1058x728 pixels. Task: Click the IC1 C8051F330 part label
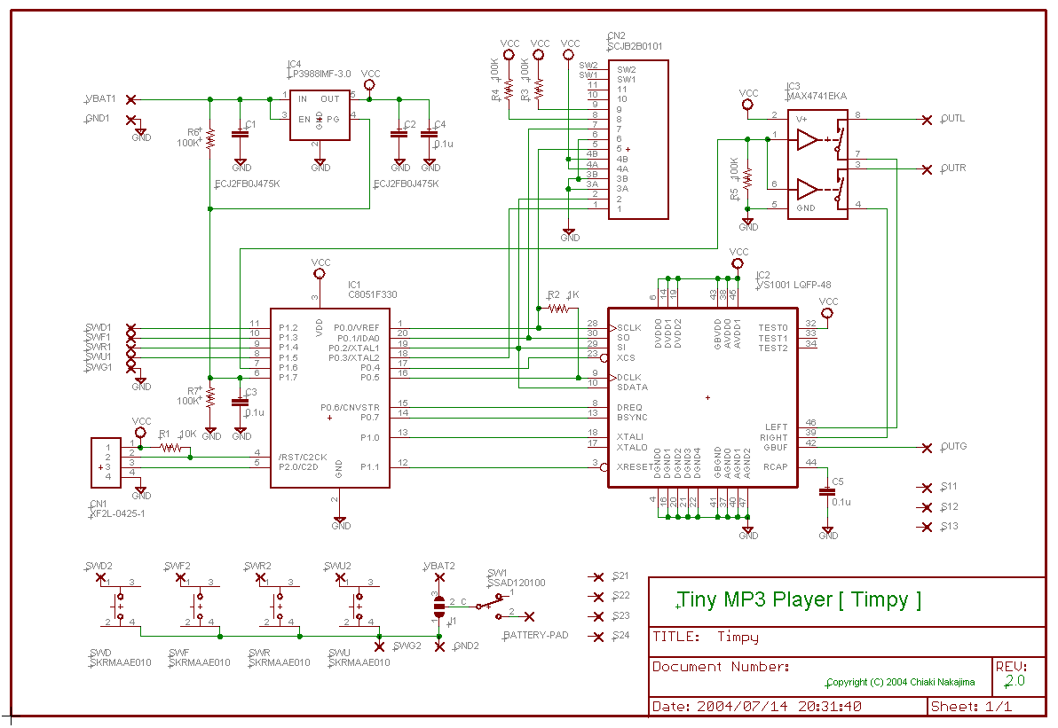(x=372, y=294)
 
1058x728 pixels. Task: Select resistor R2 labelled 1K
(x=559, y=308)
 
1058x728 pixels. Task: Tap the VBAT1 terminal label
(x=100, y=98)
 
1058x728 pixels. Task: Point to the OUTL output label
(x=953, y=119)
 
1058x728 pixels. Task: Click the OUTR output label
(x=953, y=168)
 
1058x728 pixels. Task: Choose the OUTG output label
(x=954, y=447)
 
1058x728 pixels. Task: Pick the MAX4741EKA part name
(x=817, y=96)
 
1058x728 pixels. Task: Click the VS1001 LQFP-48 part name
(x=793, y=286)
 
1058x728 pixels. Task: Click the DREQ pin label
(x=630, y=407)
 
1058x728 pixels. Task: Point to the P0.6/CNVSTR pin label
(x=350, y=407)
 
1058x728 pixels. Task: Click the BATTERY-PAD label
(x=535, y=636)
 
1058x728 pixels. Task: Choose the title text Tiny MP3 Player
(x=799, y=599)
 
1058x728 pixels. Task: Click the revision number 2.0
(x=1015, y=681)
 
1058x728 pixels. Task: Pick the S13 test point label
(x=949, y=527)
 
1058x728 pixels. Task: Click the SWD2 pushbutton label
(x=100, y=565)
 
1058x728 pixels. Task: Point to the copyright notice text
(x=900, y=682)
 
